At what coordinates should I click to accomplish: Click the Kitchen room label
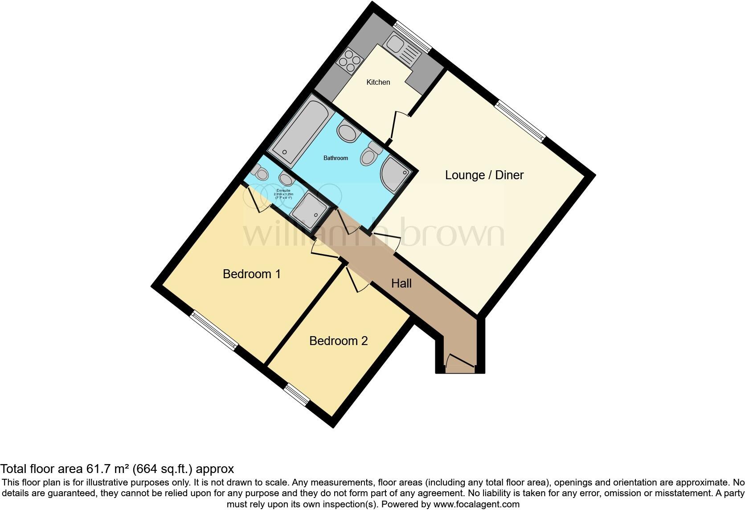tap(378, 82)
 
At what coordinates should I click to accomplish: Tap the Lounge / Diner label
tap(484, 175)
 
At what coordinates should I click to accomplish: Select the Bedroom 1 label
tap(251, 274)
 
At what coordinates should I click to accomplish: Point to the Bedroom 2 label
tap(338, 341)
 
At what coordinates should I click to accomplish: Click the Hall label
tap(401, 283)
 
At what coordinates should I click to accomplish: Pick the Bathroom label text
tap(336, 158)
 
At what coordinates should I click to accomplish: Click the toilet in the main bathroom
tap(370, 154)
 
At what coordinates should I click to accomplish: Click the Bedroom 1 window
tap(214, 330)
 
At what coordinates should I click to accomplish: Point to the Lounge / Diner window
tap(520, 121)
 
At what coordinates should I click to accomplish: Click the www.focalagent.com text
tap(476, 505)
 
